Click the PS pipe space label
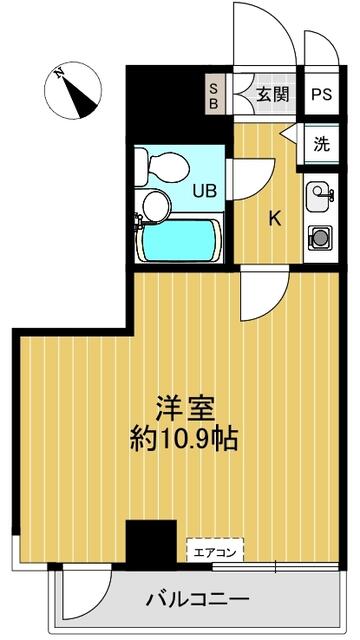click(320, 95)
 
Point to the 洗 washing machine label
click(320, 143)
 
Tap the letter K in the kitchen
click(273, 219)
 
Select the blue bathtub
click(177, 240)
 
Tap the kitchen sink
click(319, 194)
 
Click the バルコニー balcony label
click(197, 601)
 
